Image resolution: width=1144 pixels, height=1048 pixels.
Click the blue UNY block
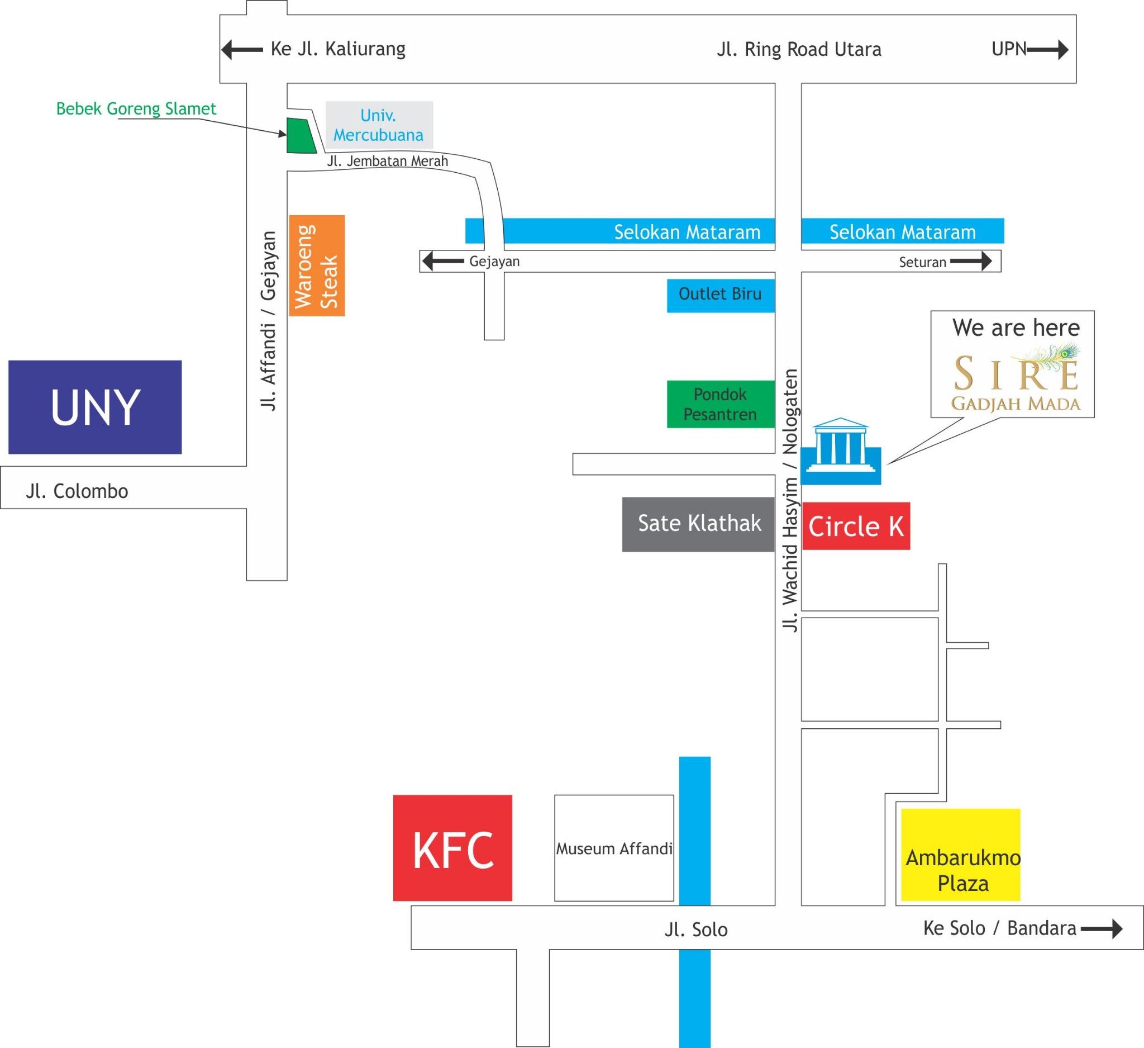95,407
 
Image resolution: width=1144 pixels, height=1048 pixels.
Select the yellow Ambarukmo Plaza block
961,855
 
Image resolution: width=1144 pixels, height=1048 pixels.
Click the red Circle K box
856,527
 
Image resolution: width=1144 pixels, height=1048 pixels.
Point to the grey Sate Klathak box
699,525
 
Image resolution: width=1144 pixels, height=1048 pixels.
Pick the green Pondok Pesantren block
721,404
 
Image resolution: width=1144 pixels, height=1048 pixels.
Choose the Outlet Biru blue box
721,295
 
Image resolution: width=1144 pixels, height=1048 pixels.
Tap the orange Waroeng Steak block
317,265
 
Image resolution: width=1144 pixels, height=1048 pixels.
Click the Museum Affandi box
614,848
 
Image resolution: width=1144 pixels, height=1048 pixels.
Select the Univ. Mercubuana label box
379,125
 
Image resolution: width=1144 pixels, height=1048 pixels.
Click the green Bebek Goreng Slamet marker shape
300,136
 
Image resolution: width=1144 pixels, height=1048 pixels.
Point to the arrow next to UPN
1047,50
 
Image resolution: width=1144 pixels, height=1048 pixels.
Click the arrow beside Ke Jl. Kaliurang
242,50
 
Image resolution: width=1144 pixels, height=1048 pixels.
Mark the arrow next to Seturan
971,262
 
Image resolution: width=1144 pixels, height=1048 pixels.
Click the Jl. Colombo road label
77,491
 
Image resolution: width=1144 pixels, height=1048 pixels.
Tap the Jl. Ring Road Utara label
799,50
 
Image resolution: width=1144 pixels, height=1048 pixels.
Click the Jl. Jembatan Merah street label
388,161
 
